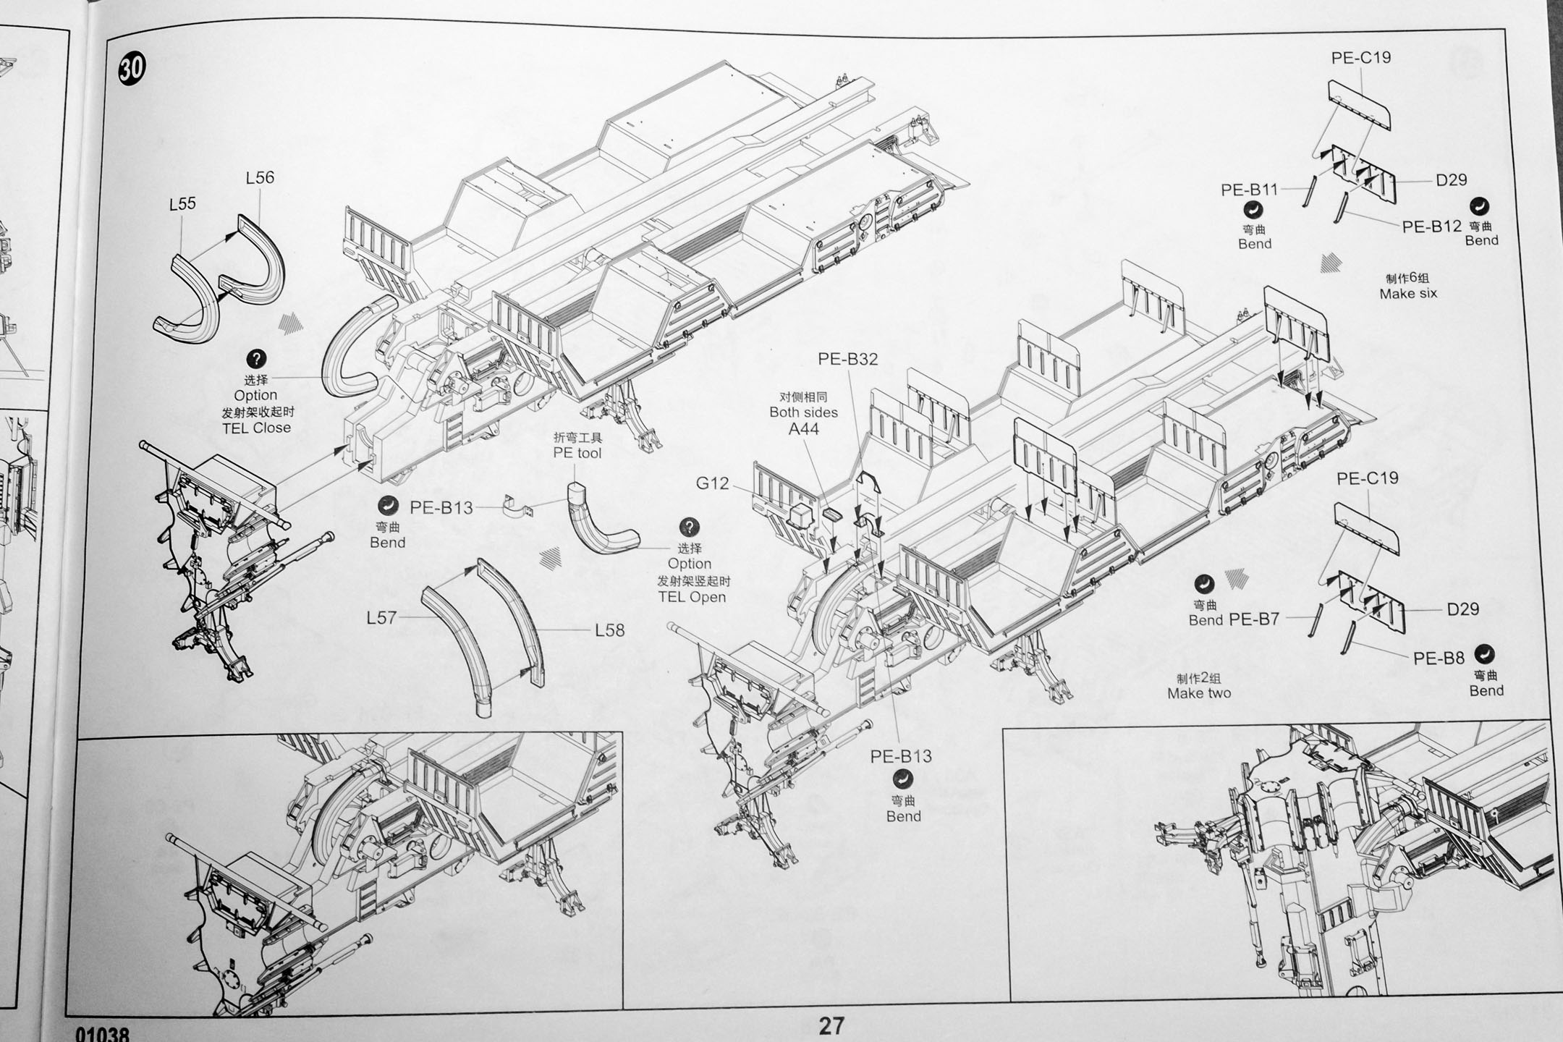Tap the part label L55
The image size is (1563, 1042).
pyautogui.click(x=182, y=204)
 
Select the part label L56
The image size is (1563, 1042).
pyautogui.click(x=260, y=177)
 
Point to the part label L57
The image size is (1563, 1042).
pyautogui.click(x=381, y=617)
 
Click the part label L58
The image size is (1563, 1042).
pyautogui.click(x=609, y=630)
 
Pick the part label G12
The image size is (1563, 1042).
pyautogui.click(x=712, y=483)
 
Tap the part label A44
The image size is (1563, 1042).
pyautogui.click(x=803, y=429)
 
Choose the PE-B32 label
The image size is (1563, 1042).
pyautogui.click(x=847, y=359)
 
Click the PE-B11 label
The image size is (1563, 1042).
pyautogui.click(x=1249, y=190)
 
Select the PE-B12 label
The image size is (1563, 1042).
pyautogui.click(x=1431, y=226)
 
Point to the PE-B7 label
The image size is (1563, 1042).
pyautogui.click(x=1254, y=619)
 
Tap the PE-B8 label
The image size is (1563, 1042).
pyautogui.click(x=1439, y=658)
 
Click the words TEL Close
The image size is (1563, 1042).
pyautogui.click(x=256, y=428)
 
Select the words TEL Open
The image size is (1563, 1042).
pyautogui.click(x=691, y=597)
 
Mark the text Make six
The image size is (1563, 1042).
pyautogui.click(x=1407, y=294)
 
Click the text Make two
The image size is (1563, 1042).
pyautogui.click(x=1198, y=693)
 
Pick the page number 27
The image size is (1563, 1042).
pyautogui.click(x=831, y=1025)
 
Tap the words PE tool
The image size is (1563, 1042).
pyautogui.click(x=577, y=453)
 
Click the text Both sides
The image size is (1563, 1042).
pyautogui.click(x=803, y=412)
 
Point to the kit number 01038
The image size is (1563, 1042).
pyautogui.click(x=101, y=1035)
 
